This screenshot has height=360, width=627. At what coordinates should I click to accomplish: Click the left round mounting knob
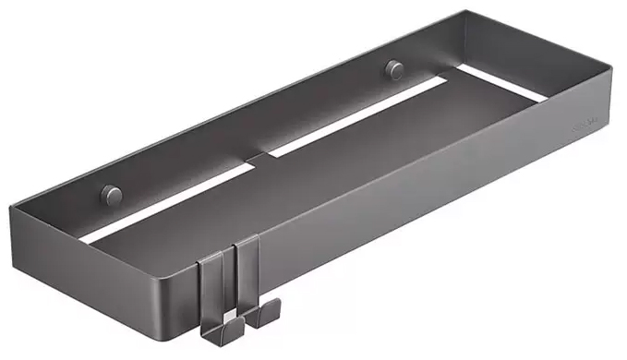(x=111, y=195)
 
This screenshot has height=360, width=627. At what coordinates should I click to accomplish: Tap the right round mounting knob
(x=394, y=68)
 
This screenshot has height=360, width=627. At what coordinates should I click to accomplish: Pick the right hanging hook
(x=247, y=282)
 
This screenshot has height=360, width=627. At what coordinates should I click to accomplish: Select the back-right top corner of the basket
(x=464, y=13)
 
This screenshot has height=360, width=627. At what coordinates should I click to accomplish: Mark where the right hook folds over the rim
(x=246, y=242)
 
